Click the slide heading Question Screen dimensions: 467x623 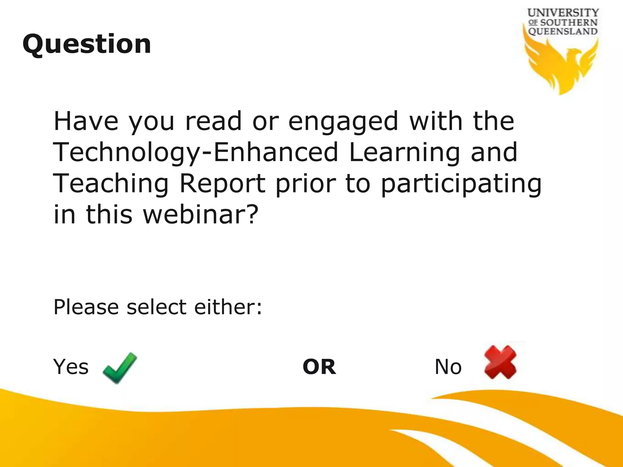[87, 44]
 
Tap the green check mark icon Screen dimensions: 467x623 [120, 368]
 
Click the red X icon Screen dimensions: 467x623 [500, 362]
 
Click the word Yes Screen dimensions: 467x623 [71, 367]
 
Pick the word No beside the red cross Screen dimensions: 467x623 [448, 367]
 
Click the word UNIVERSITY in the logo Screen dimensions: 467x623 [563, 13]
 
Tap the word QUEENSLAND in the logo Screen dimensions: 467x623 [563, 31]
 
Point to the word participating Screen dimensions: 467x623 [461, 184]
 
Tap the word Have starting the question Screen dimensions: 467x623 [86, 121]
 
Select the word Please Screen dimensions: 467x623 [86, 307]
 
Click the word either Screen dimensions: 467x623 [228, 307]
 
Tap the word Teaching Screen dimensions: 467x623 [111, 184]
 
